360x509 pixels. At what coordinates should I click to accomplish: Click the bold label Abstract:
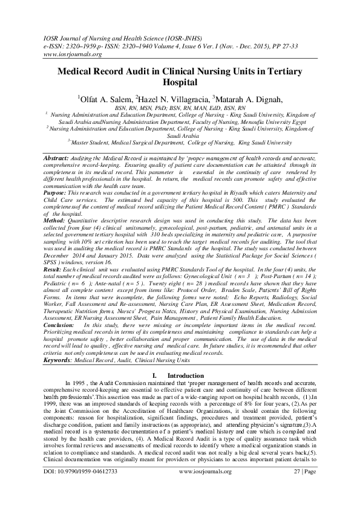coord(56,157)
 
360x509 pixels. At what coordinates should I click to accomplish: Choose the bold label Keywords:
coord(57,360)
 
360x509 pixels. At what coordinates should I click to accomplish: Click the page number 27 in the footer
coord(298,488)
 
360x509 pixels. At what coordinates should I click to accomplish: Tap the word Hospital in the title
coord(180,82)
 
